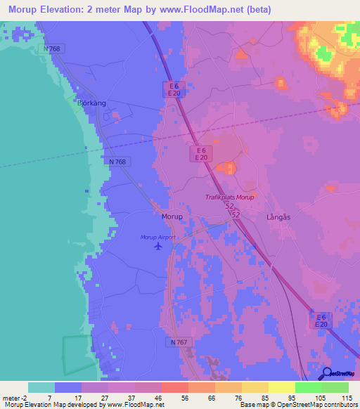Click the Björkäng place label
(91, 103)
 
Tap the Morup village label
(172, 216)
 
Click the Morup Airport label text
(157, 238)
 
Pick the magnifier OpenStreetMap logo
(327, 373)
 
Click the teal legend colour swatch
(41, 387)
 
